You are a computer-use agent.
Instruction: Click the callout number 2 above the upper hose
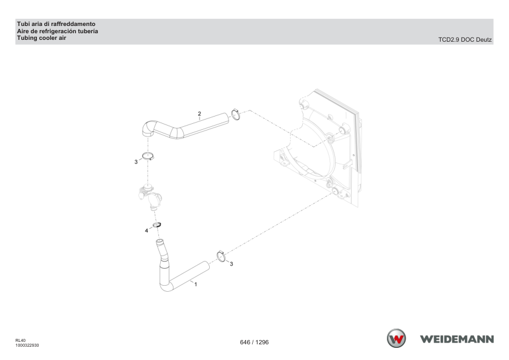(x=199, y=114)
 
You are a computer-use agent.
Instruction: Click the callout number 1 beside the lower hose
(x=195, y=284)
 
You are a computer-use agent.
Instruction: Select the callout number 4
(x=146, y=231)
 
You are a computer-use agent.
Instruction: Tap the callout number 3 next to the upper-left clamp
(x=136, y=162)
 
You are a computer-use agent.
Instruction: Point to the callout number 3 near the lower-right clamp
(x=232, y=264)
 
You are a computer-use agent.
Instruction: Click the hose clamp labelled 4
(x=157, y=225)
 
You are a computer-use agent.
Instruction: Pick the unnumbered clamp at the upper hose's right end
(x=236, y=114)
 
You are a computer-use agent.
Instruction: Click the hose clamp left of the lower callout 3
(x=221, y=256)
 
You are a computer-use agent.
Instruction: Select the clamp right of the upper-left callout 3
(x=148, y=156)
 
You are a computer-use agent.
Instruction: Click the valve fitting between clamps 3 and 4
(x=151, y=196)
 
